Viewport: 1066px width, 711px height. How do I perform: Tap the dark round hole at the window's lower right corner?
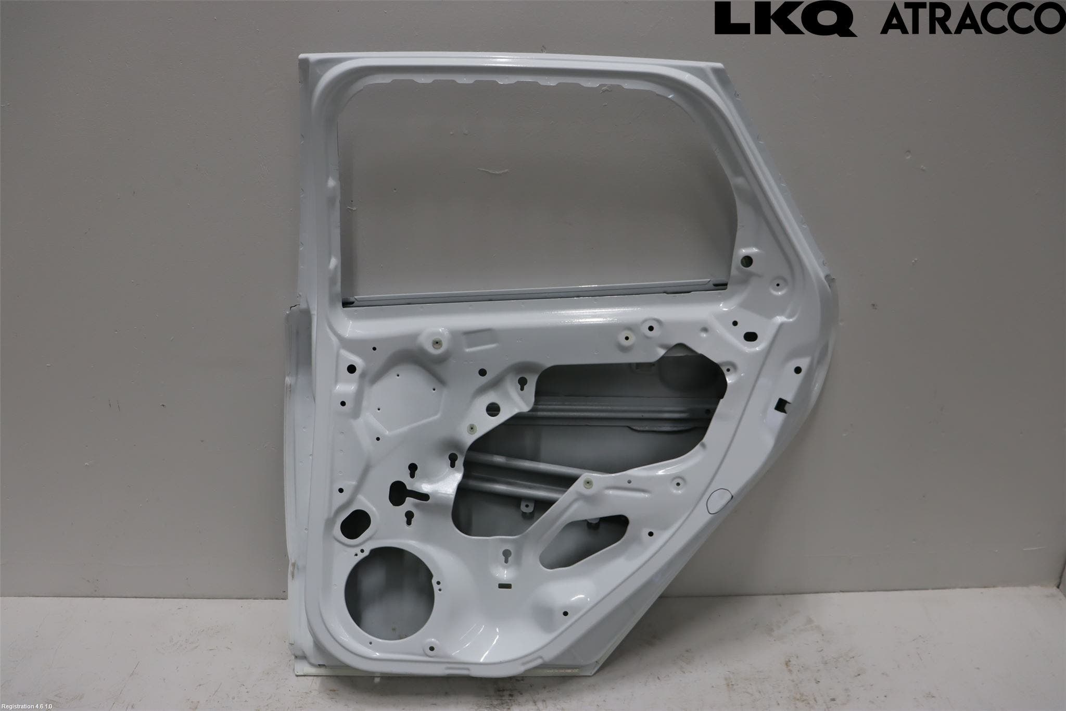[748, 260]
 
